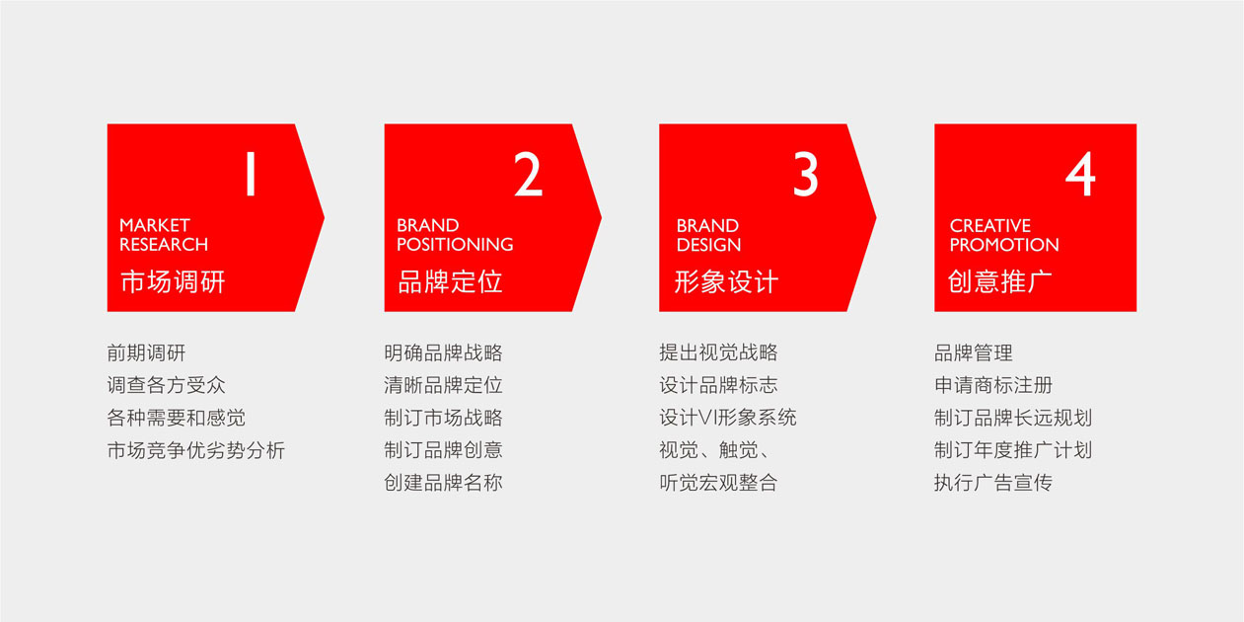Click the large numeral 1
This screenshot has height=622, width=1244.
[x=251, y=174]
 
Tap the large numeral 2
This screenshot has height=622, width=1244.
[x=528, y=174]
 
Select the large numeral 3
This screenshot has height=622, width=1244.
[x=805, y=174]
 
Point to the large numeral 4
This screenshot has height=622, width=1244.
[x=1080, y=174]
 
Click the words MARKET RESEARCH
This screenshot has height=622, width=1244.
[x=164, y=235]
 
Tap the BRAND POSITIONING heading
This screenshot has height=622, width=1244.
[x=455, y=235]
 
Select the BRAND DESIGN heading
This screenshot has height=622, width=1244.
[x=708, y=235]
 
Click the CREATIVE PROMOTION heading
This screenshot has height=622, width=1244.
[x=1004, y=235]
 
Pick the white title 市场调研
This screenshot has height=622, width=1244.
[x=173, y=281]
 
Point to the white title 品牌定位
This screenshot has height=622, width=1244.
[x=451, y=281]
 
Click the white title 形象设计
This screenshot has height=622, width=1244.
[x=726, y=281]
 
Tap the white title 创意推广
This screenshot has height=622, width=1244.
[x=1000, y=281]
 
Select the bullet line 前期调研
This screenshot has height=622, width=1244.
[x=147, y=353]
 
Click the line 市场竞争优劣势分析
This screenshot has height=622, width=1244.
[x=196, y=450]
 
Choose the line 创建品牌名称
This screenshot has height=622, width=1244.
[x=443, y=483]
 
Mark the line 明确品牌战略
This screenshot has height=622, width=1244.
[x=443, y=353]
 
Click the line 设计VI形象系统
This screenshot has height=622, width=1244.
[x=728, y=418]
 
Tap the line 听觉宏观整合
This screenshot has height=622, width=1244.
[x=718, y=483]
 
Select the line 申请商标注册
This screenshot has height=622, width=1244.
[x=993, y=385]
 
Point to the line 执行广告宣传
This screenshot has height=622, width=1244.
[x=993, y=483]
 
